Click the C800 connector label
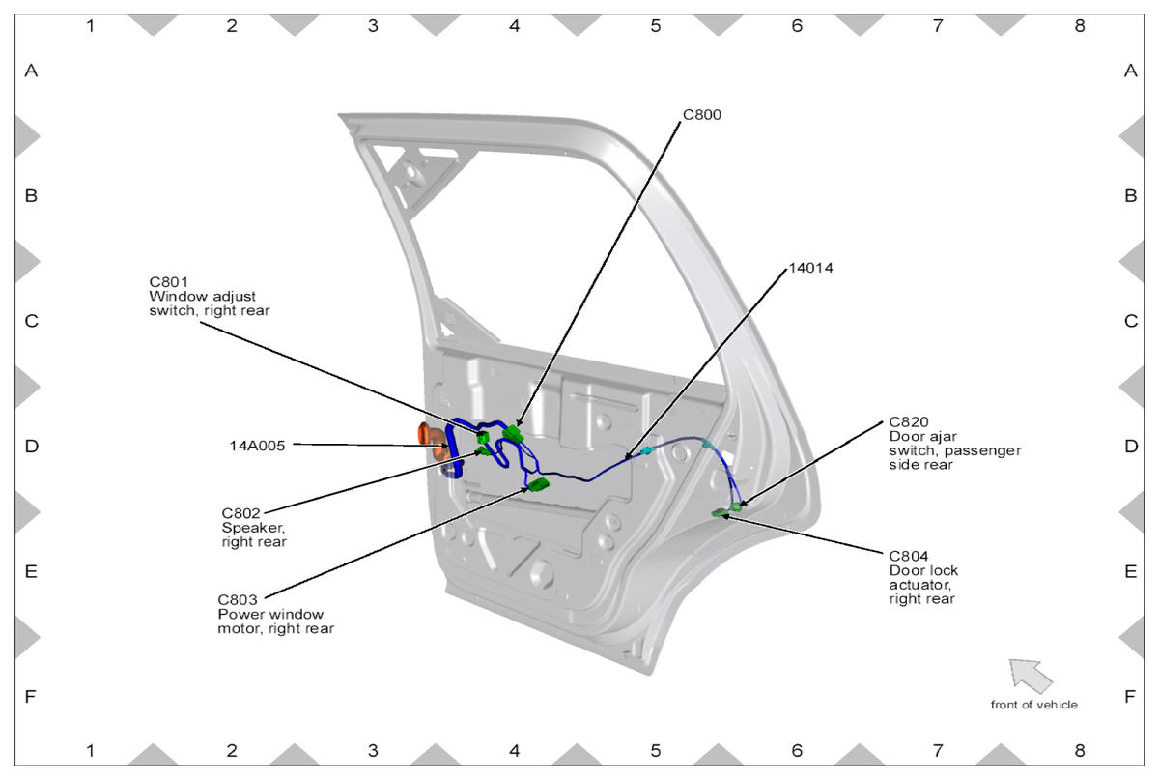click(702, 115)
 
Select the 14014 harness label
click(810, 268)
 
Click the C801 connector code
click(166, 282)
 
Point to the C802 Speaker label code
click(240, 513)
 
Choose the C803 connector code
click(237, 599)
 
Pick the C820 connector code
click(908, 422)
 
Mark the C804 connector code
click(908, 556)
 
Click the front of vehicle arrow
click(1030, 675)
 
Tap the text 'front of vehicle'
click(1033, 705)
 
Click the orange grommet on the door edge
click(428, 434)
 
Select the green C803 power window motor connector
click(537, 484)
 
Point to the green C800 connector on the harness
click(511, 434)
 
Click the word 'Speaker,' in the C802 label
click(253, 528)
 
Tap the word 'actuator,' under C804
click(920, 585)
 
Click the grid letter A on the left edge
click(31, 71)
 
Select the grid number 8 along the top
click(1080, 26)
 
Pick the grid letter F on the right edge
click(1130, 696)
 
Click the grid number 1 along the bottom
click(91, 750)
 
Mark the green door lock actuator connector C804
click(721, 513)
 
